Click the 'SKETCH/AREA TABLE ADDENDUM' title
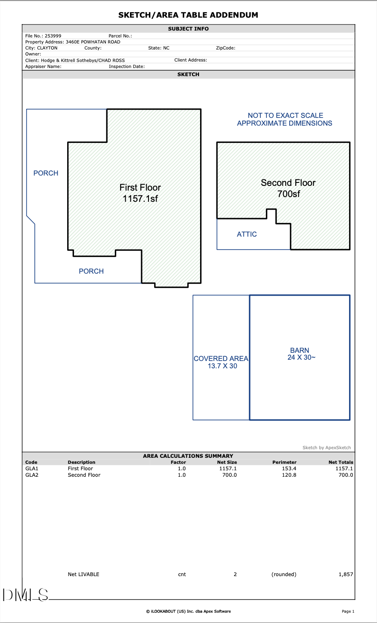point(188,15)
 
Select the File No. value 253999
point(53,36)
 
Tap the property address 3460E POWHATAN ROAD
point(93,42)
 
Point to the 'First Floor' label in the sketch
point(140,188)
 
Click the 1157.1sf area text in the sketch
point(140,199)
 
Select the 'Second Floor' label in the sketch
point(288,183)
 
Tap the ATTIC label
point(247,234)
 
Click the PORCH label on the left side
point(46,173)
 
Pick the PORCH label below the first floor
point(91,271)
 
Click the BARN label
point(300,350)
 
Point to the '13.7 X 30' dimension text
point(222,366)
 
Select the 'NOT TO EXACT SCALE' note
point(285,116)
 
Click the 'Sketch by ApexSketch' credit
point(327,448)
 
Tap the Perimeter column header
point(284,463)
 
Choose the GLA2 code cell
point(32,475)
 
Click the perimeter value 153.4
point(289,469)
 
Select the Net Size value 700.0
point(229,475)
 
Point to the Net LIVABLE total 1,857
point(346,574)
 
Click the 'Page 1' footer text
point(348,611)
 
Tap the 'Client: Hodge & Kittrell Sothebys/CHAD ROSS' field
point(75,61)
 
